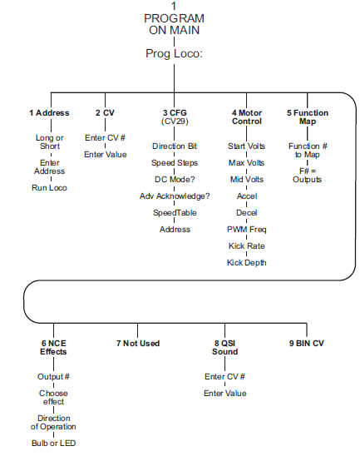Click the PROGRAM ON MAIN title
[x=174, y=24]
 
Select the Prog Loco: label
[x=174, y=54]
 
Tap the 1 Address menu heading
[x=49, y=113]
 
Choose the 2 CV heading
[x=105, y=113]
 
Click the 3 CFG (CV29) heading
[x=175, y=117]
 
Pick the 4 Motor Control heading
[x=247, y=117]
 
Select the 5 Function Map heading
[x=308, y=117]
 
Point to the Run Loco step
[x=49, y=188]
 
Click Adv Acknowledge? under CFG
[x=175, y=196]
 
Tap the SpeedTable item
[x=175, y=213]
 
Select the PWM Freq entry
[x=247, y=230]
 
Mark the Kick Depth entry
[x=247, y=263]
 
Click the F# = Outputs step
[x=307, y=175]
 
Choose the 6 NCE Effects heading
[x=53, y=348]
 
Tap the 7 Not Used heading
[x=138, y=344]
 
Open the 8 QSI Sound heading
[x=225, y=348]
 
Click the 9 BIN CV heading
[x=307, y=344]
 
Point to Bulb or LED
[x=53, y=443]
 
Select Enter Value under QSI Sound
[x=225, y=394]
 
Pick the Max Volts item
[x=247, y=163]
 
